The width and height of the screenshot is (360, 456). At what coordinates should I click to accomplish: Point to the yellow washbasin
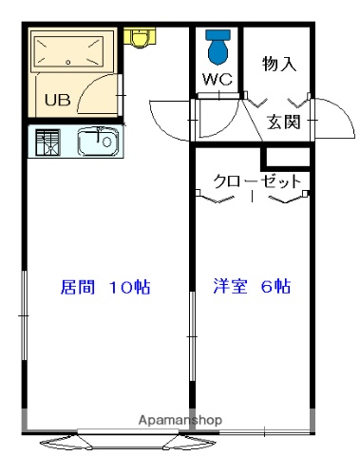click(141, 37)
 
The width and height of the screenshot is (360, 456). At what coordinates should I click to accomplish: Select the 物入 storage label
click(279, 65)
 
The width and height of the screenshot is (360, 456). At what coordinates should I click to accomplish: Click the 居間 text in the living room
click(78, 287)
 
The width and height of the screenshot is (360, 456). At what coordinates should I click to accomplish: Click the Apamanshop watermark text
click(180, 419)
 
